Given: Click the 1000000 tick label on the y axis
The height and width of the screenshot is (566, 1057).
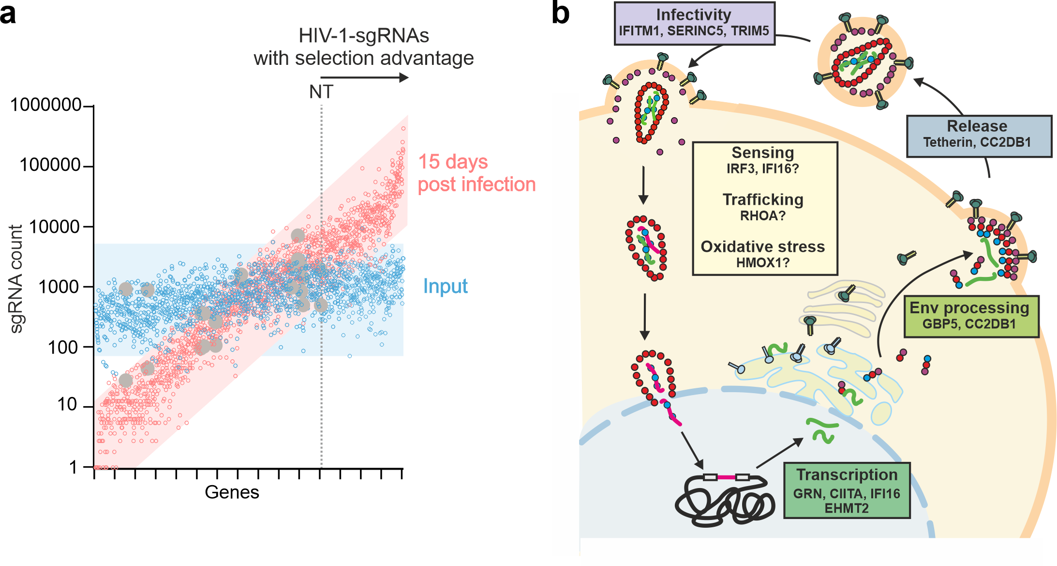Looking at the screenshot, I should pos(45,105).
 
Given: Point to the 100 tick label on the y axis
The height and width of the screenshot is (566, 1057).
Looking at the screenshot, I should pos(62,347).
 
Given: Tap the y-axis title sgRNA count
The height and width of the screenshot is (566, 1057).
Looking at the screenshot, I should pos(16,279).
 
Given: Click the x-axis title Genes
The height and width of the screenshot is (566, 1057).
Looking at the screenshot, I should pos(232,492).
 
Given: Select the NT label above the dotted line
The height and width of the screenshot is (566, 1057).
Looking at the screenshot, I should pos(321,92).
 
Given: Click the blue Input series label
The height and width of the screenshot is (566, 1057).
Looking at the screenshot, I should pos(445,286).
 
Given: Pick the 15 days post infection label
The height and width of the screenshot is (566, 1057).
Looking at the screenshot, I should pos(476,173).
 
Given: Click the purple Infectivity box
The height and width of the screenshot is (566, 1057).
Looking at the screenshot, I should pos(694,23).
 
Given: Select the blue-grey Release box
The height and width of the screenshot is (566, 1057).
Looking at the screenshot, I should pos(978,136).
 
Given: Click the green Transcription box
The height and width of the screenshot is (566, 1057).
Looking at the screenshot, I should pos(847,490).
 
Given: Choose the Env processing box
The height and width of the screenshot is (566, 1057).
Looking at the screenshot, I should pos(970,316).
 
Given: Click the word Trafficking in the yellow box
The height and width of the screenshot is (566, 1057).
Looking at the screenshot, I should pos(763,199).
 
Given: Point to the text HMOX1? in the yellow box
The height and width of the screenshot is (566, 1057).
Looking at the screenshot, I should pos(763,263).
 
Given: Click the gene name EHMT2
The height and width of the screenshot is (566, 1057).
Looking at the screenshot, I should pos(847,508).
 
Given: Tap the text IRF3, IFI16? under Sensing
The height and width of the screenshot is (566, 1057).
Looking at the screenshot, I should pos(763,168).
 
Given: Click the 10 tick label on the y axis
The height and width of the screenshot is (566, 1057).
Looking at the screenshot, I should pos(67,404).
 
